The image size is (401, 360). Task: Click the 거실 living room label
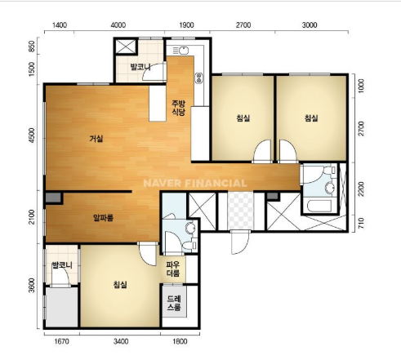[96, 139]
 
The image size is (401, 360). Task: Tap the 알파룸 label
[103, 218]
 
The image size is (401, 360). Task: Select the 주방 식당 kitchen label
[179, 108]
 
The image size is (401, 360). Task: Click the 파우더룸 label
[173, 269]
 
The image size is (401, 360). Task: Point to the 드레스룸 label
[174, 303]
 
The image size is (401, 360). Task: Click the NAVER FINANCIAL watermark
[195, 183]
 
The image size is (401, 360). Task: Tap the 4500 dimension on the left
[32, 135]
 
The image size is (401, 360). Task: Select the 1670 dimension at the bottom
[62, 341]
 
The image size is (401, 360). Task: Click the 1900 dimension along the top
[186, 25]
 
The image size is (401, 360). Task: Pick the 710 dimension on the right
[361, 224]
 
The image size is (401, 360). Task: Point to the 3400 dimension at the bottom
[121, 341]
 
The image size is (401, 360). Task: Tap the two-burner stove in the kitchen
[199, 78]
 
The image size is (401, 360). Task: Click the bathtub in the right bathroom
[319, 206]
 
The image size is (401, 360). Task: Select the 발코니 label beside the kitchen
[140, 67]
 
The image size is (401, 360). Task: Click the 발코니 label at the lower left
[62, 265]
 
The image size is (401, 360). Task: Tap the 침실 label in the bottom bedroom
[120, 285]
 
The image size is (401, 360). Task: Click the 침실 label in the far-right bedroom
[311, 118]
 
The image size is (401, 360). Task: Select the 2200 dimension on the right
[361, 189]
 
